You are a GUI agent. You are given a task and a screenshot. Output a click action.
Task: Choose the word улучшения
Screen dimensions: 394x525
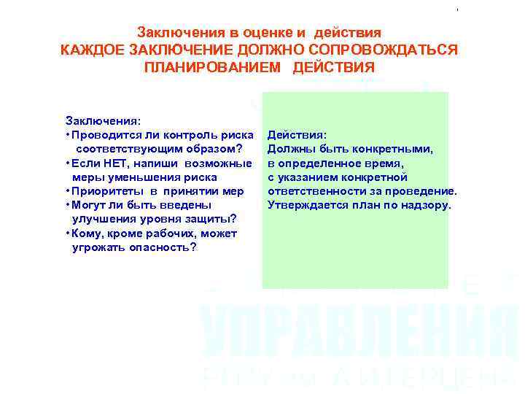click(x=104, y=219)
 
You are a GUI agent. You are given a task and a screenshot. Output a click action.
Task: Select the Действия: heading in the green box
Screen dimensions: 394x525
click(x=297, y=135)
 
